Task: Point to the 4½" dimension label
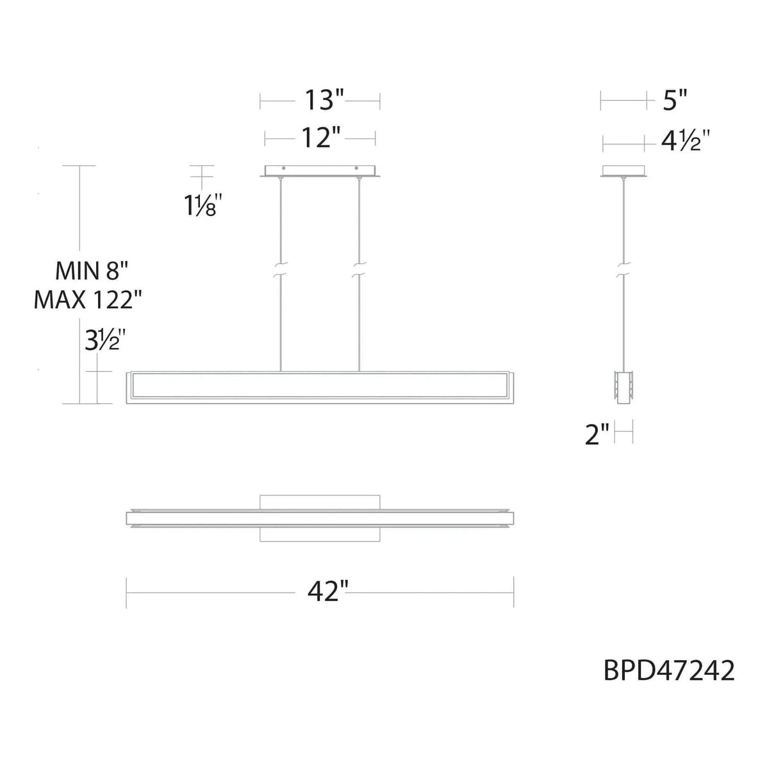[x=684, y=141]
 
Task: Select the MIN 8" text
[x=92, y=271]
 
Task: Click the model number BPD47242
[x=669, y=672]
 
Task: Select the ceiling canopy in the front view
[x=320, y=171]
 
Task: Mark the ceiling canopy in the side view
[x=624, y=171]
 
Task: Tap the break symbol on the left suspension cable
[x=280, y=269]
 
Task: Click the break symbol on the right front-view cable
[x=360, y=269]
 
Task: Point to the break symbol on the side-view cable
[x=623, y=269]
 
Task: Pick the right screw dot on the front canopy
[x=358, y=169]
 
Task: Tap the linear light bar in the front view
[x=320, y=387]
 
